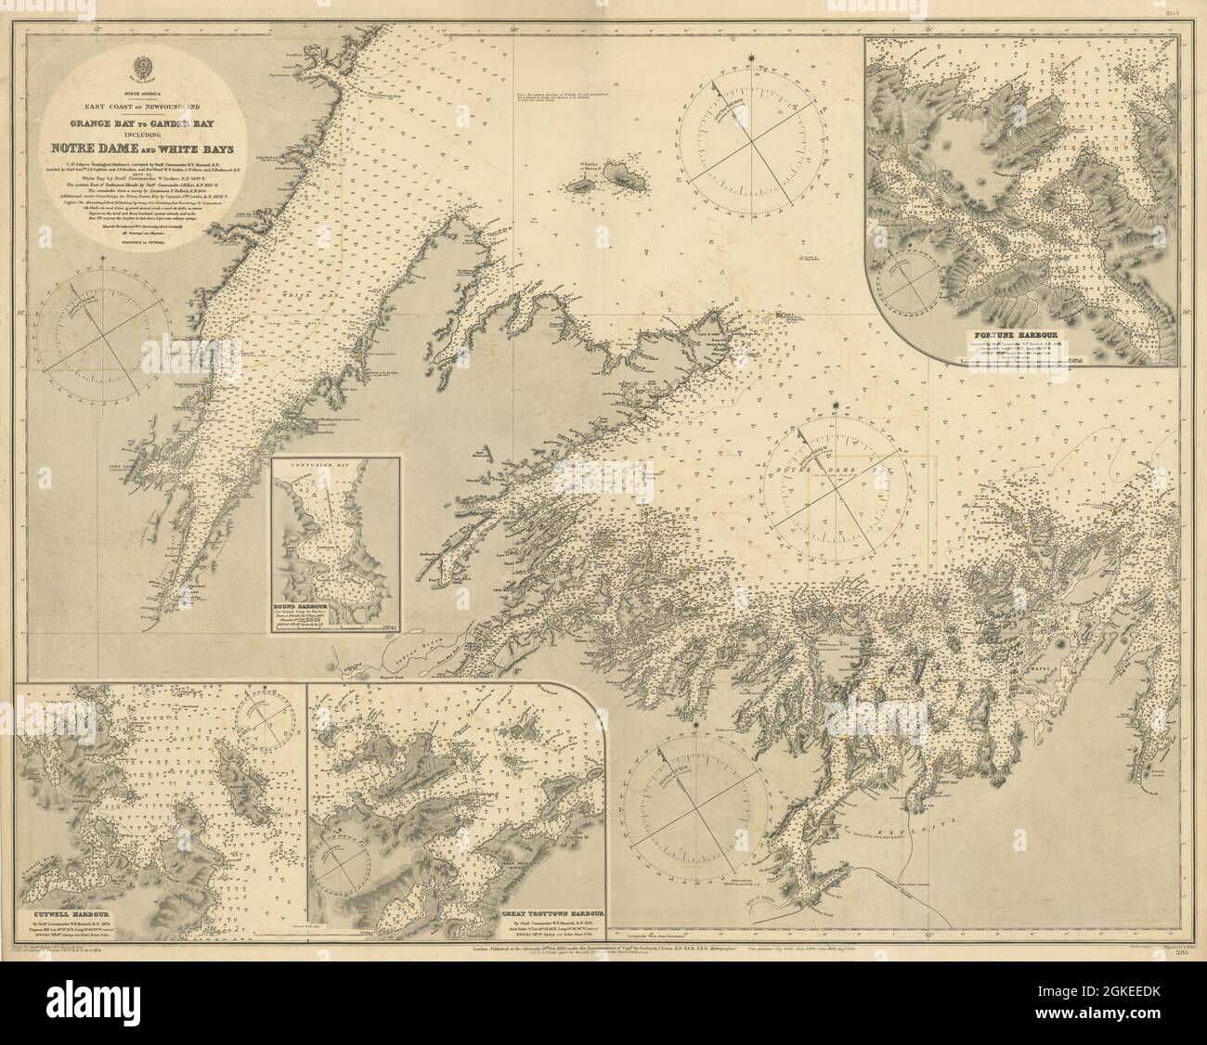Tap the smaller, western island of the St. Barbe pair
tap(585, 186)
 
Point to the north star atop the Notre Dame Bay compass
tap(838, 406)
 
